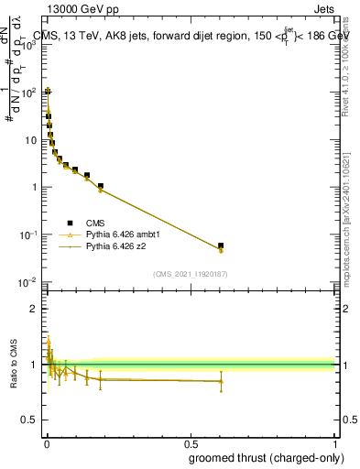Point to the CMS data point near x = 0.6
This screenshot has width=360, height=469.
click(221, 245)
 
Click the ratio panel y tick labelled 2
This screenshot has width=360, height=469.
click(35, 309)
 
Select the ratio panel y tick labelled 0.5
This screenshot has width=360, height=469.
click(32, 422)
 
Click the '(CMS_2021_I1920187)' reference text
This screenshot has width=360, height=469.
click(190, 275)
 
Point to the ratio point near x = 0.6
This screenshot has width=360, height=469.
click(221, 381)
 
